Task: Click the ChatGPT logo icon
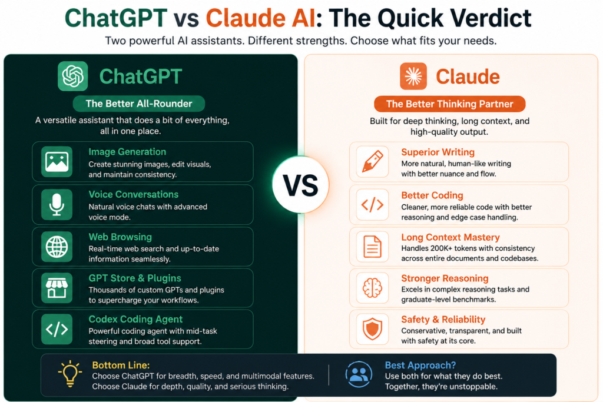[72, 76]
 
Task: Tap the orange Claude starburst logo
[413, 76]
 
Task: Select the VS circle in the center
[301, 185]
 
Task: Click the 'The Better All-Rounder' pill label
[139, 104]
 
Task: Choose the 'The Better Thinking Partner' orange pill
[449, 104]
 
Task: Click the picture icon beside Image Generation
[57, 162]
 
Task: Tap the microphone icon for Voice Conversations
[57, 204]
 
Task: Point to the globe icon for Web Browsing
[57, 247]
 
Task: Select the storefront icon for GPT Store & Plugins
[57, 288]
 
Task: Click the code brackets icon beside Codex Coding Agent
[57, 330]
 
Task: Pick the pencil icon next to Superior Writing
[372, 162]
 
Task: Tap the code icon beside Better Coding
[372, 204]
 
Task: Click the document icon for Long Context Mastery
[372, 247]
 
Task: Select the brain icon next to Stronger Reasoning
[372, 288]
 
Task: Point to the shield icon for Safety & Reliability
[372, 330]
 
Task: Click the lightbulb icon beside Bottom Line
[70, 373]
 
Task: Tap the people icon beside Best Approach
[359, 374]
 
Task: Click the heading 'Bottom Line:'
[121, 365]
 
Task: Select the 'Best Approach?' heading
[420, 365]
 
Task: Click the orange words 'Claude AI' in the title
[261, 18]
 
